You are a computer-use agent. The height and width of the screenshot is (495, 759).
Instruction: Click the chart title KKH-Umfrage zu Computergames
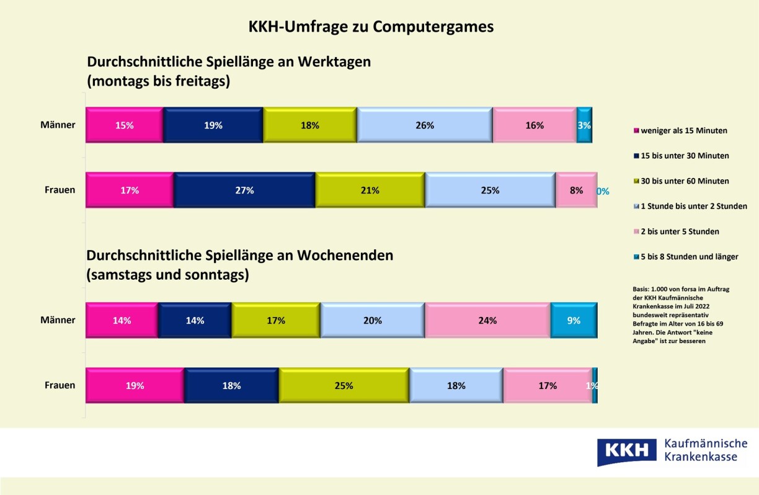point(371,27)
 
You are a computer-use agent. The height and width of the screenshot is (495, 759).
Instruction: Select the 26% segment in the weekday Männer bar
point(425,125)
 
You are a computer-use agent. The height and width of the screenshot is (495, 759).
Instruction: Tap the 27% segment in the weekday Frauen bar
point(245,190)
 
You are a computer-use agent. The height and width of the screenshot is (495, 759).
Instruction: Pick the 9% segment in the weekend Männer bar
point(574,321)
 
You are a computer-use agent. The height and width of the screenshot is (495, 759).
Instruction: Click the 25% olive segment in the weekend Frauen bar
point(344,386)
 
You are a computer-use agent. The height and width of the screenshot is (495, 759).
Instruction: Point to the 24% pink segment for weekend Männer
point(487,321)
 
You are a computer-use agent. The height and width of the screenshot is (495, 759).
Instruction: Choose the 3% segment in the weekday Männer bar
point(584,125)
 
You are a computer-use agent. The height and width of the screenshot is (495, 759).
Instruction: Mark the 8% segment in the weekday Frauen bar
point(576,190)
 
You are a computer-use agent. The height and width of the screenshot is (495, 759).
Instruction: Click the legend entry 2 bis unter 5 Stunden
point(680,231)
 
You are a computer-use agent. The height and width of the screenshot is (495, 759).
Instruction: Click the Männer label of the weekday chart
point(58,125)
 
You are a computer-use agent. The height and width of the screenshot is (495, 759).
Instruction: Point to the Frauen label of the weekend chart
point(60,385)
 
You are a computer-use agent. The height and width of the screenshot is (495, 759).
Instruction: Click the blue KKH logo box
point(626,451)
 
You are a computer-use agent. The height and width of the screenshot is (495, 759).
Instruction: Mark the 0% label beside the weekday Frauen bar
point(603,192)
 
